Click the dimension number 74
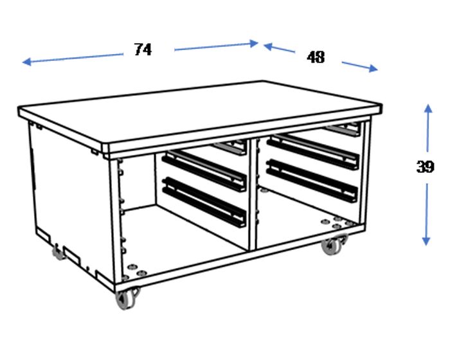pyautogui.click(x=143, y=50)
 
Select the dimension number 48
pyautogui.click(x=316, y=57)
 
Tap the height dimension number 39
pyautogui.click(x=425, y=166)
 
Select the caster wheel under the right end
pyautogui.click(x=332, y=246)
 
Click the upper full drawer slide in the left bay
pyautogui.click(x=205, y=169)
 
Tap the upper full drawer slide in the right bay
pyautogui.click(x=313, y=151)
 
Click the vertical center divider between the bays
pyautogui.click(x=253, y=193)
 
